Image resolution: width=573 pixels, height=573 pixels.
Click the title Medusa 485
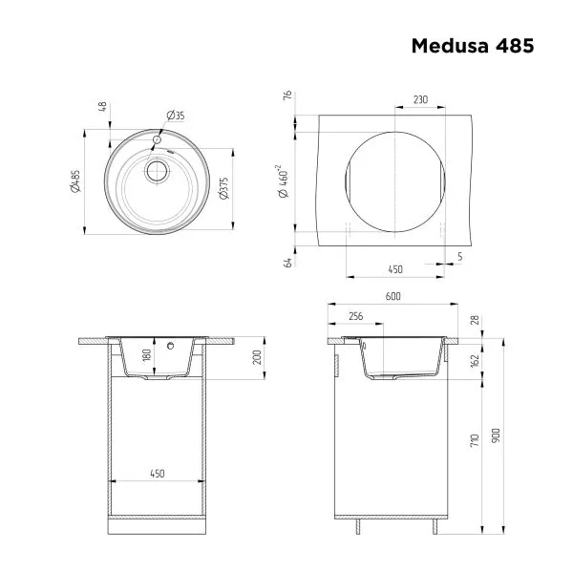click(x=472, y=45)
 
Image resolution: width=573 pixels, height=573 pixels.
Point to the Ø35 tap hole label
click(x=175, y=116)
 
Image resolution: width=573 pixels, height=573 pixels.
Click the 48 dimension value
click(x=102, y=107)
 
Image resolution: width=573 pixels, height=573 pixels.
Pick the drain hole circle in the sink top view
click(x=156, y=171)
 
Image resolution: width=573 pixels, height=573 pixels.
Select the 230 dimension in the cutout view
click(x=419, y=99)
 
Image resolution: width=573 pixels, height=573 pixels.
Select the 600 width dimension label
click(x=393, y=296)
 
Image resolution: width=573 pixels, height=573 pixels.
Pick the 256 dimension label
click(x=355, y=315)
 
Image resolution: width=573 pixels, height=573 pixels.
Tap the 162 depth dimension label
click(x=475, y=361)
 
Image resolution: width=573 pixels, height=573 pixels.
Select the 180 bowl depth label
click(x=173, y=357)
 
